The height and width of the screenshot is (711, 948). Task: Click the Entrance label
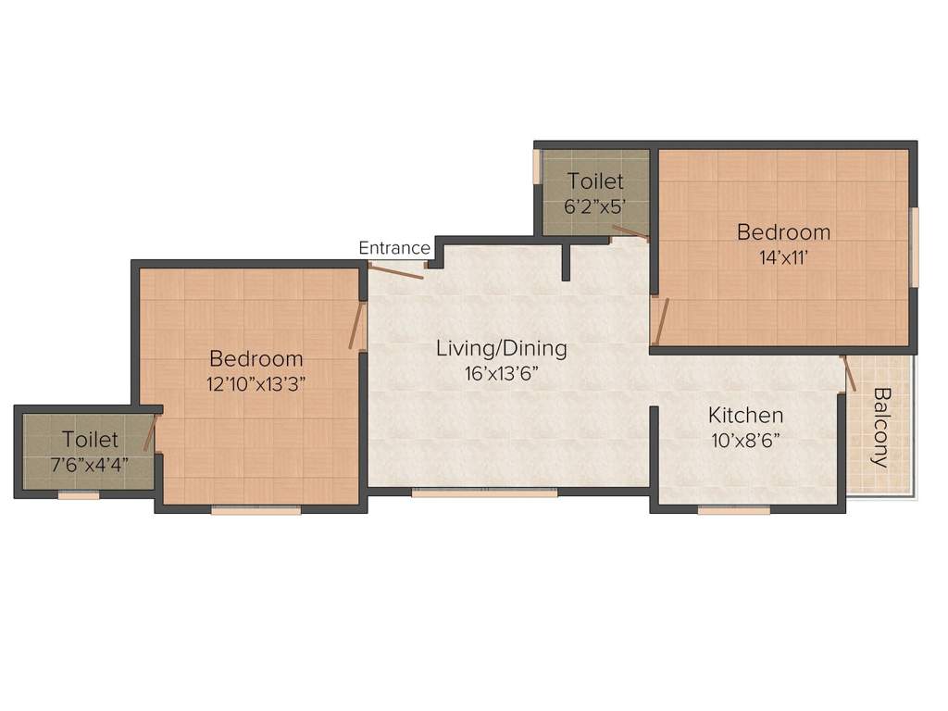[394, 248]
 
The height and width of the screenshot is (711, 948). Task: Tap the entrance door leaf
[395, 271]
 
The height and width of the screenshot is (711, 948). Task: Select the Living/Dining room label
[502, 349]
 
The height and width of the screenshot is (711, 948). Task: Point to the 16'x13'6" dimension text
[502, 374]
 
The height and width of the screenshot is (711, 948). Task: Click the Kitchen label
[745, 416]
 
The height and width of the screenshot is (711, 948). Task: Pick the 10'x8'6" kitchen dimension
[745, 441]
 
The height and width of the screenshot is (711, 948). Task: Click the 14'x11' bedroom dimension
[783, 258]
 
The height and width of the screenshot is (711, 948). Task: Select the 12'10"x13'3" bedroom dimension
[256, 384]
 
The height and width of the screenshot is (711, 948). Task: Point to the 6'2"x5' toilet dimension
[595, 207]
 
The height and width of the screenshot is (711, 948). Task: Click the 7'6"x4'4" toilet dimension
[90, 465]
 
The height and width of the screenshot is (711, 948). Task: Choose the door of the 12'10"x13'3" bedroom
[356, 326]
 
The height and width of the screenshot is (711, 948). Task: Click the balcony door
[850, 372]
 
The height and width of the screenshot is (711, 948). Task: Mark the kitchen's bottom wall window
[734, 511]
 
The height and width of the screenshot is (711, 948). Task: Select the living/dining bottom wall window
[485, 493]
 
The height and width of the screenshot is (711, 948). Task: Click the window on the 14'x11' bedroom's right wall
[915, 247]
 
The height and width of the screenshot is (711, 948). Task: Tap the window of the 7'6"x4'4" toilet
[79, 496]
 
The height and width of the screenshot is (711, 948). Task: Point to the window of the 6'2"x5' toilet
[536, 166]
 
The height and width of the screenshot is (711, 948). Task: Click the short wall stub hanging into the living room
[566, 262]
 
